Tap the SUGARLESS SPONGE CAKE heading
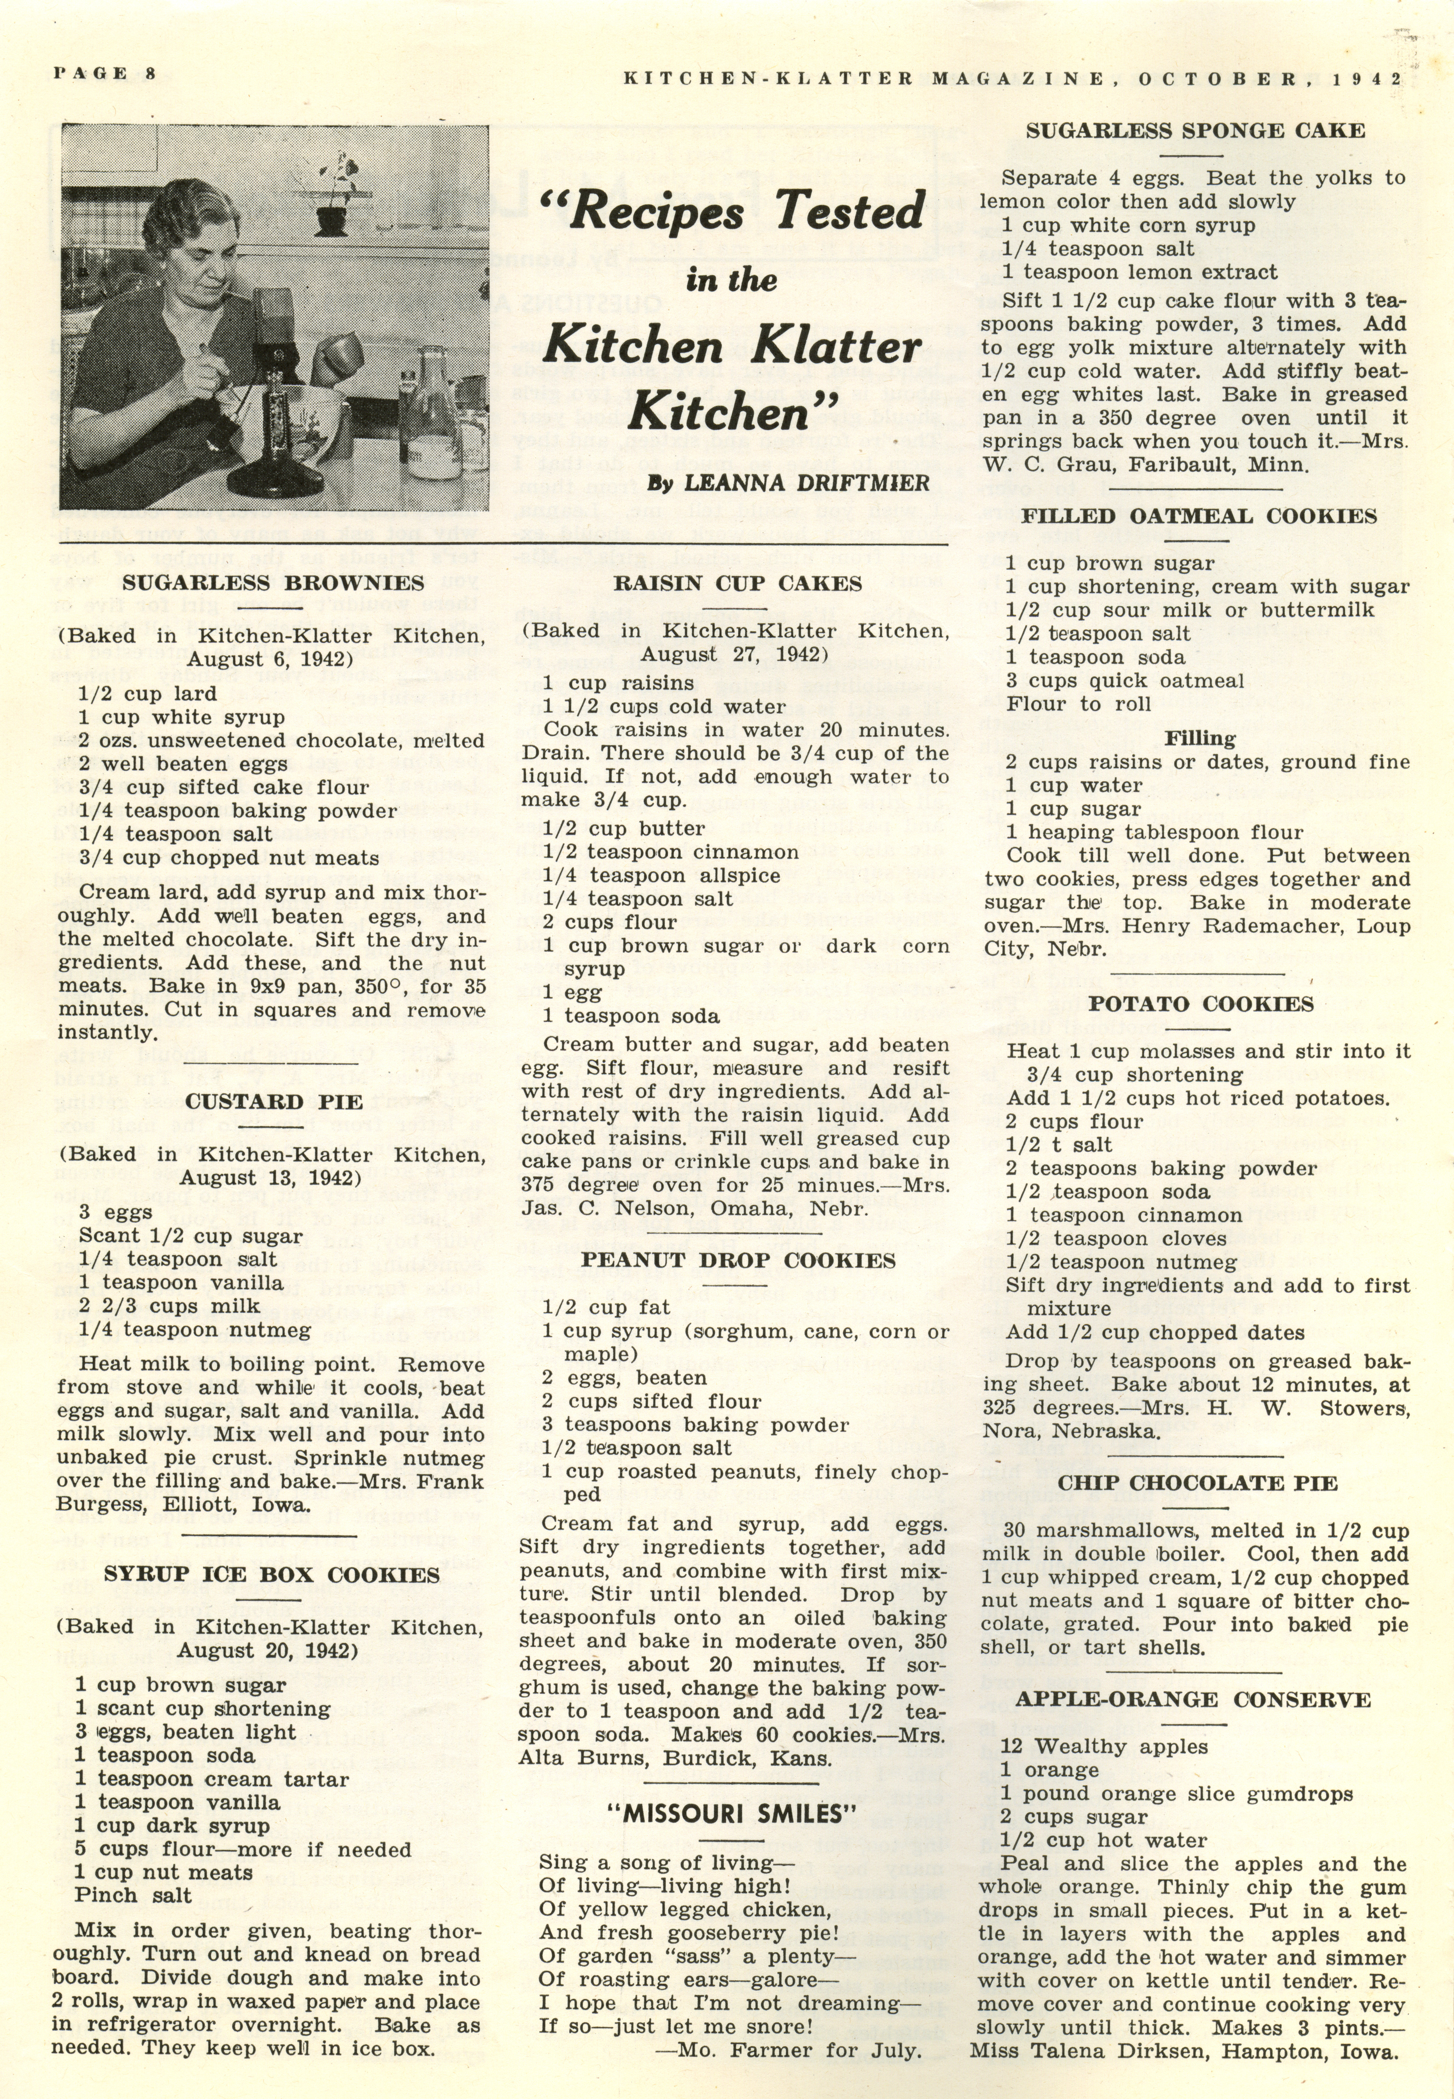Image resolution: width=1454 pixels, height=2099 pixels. [1195, 130]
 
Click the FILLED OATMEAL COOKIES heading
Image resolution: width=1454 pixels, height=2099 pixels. [1198, 516]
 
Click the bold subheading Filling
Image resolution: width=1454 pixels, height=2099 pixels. [1200, 739]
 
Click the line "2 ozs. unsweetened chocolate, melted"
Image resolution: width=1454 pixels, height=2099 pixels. [281, 741]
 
